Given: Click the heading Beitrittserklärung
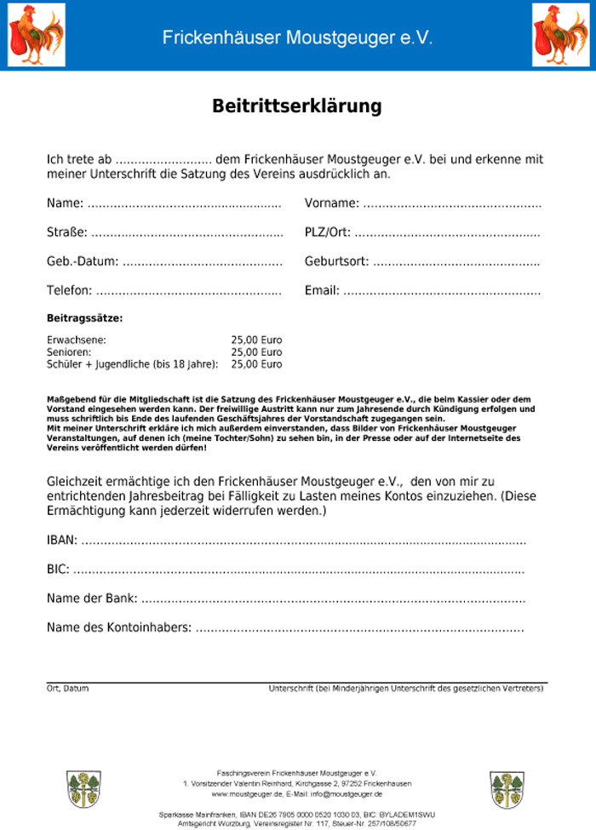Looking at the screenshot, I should coord(297,106).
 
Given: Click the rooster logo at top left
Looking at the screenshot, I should coord(37,35).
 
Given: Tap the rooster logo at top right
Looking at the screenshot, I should coord(560,35).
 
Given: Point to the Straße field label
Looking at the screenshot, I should coord(67,232).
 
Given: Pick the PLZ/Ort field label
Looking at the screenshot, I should coord(328,232).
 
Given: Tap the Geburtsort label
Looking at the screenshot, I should coord(337,261).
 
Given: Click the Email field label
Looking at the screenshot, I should coord(322,290).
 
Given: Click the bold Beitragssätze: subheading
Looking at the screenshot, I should coord(84,318).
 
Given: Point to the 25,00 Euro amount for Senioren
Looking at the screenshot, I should coord(256,352).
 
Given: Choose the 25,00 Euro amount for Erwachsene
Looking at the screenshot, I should coord(256,340).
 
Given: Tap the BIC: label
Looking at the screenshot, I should coord(58,569).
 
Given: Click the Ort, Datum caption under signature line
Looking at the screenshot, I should coord(67,688).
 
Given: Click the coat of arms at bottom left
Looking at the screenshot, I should coord(83,789).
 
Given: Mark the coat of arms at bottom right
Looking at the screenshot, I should coord(507,789).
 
